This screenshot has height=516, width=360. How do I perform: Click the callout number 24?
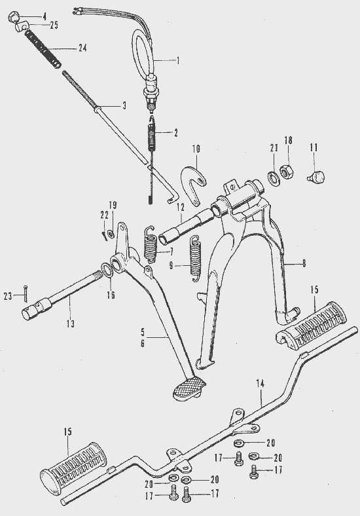[x=82, y=48]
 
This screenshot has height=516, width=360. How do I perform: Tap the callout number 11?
[x=314, y=148]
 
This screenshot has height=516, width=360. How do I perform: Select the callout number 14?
[x=261, y=384]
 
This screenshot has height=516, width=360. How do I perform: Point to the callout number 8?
[x=304, y=263]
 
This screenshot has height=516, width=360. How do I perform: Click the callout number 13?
[x=71, y=324]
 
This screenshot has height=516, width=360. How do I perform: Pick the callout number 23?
[x=8, y=296]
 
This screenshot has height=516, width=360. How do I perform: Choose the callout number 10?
[x=196, y=149]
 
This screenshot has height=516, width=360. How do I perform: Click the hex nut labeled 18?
[x=287, y=171]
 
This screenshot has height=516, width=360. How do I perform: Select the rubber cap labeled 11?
[x=317, y=177]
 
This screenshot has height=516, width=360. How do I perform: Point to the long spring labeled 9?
[x=196, y=259]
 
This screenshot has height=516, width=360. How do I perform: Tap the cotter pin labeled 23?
[x=26, y=293]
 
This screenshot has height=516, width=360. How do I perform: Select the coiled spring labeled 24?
[x=44, y=48]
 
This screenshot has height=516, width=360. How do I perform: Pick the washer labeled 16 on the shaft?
[x=106, y=270]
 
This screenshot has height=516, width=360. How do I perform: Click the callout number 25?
[x=54, y=25]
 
